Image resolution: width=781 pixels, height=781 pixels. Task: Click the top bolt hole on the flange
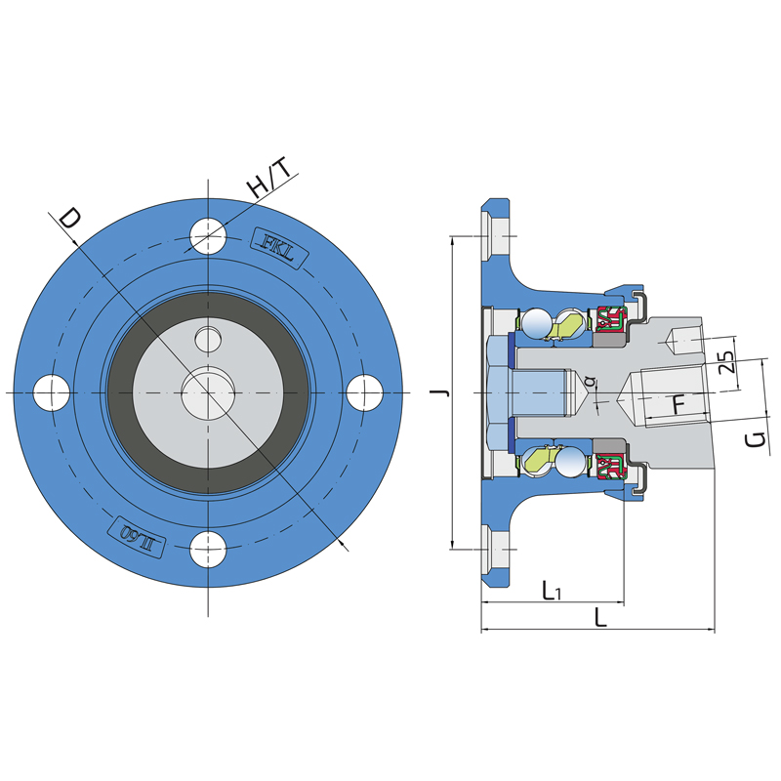(208, 233)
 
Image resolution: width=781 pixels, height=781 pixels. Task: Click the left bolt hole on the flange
(51, 392)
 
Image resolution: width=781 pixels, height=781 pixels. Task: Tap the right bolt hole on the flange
(365, 392)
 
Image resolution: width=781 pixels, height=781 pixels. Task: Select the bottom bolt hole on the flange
(208, 551)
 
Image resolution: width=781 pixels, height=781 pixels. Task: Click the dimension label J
(440, 391)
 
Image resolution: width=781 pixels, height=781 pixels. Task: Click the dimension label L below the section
(600, 617)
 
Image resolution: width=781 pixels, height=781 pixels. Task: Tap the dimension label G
(754, 439)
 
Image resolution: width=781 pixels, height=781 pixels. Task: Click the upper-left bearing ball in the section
(535, 323)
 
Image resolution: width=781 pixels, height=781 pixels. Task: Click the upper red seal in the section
(609, 319)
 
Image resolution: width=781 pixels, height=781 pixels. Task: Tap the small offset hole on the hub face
(208, 339)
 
